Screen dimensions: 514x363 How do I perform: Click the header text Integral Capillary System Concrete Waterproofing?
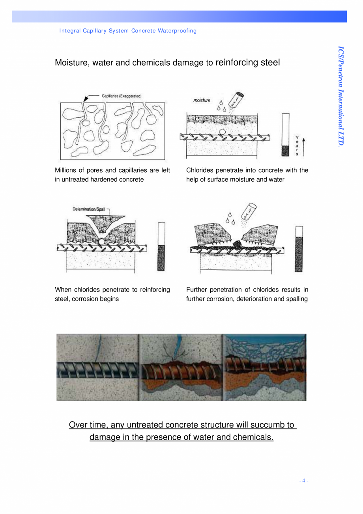pos(127,31)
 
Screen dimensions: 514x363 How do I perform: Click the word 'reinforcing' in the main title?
pos(236,62)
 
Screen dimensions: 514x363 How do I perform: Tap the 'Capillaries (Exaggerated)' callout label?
pos(122,96)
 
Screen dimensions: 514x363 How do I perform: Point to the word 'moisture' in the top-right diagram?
pos(202,100)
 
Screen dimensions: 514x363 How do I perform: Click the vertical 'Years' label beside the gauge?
pos(297,146)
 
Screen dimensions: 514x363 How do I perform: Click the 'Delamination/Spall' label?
pos(89,209)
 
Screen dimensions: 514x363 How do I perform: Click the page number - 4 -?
pos(303,480)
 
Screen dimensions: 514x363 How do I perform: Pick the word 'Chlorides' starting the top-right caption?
pos(198,170)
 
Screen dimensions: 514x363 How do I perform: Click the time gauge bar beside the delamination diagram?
pos(161,247)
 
